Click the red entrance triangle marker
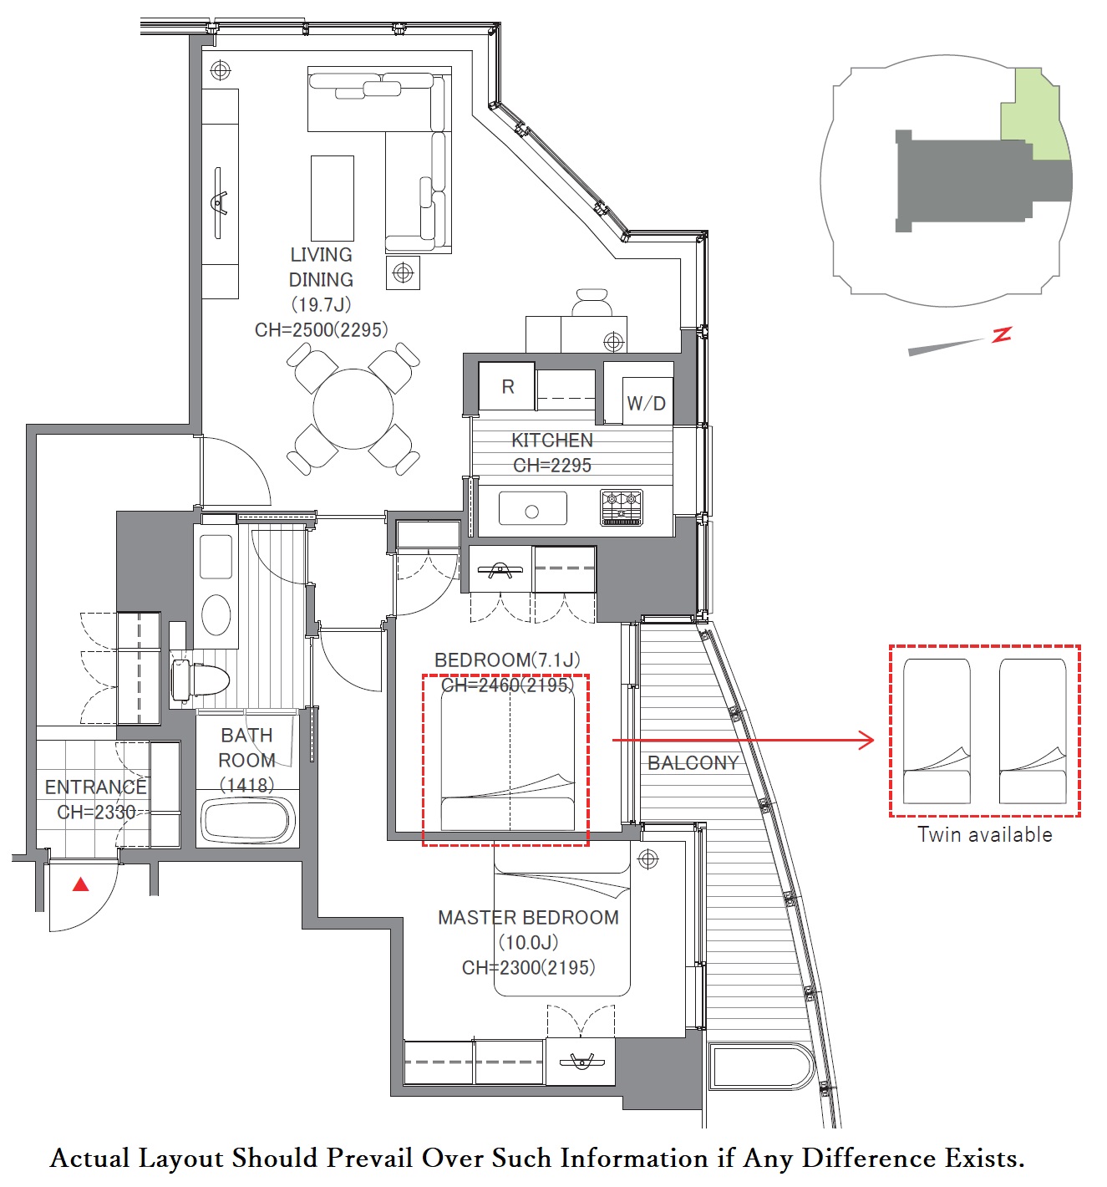81,884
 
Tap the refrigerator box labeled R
506,386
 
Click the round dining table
353,409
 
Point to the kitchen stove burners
622,507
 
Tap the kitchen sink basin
532,508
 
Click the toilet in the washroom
201,680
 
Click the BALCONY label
693,762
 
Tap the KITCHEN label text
552,441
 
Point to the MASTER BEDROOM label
528,918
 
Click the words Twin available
984,834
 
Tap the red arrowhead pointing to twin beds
866,740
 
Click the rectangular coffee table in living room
333,198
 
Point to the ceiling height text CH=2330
96,812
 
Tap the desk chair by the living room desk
592,303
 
